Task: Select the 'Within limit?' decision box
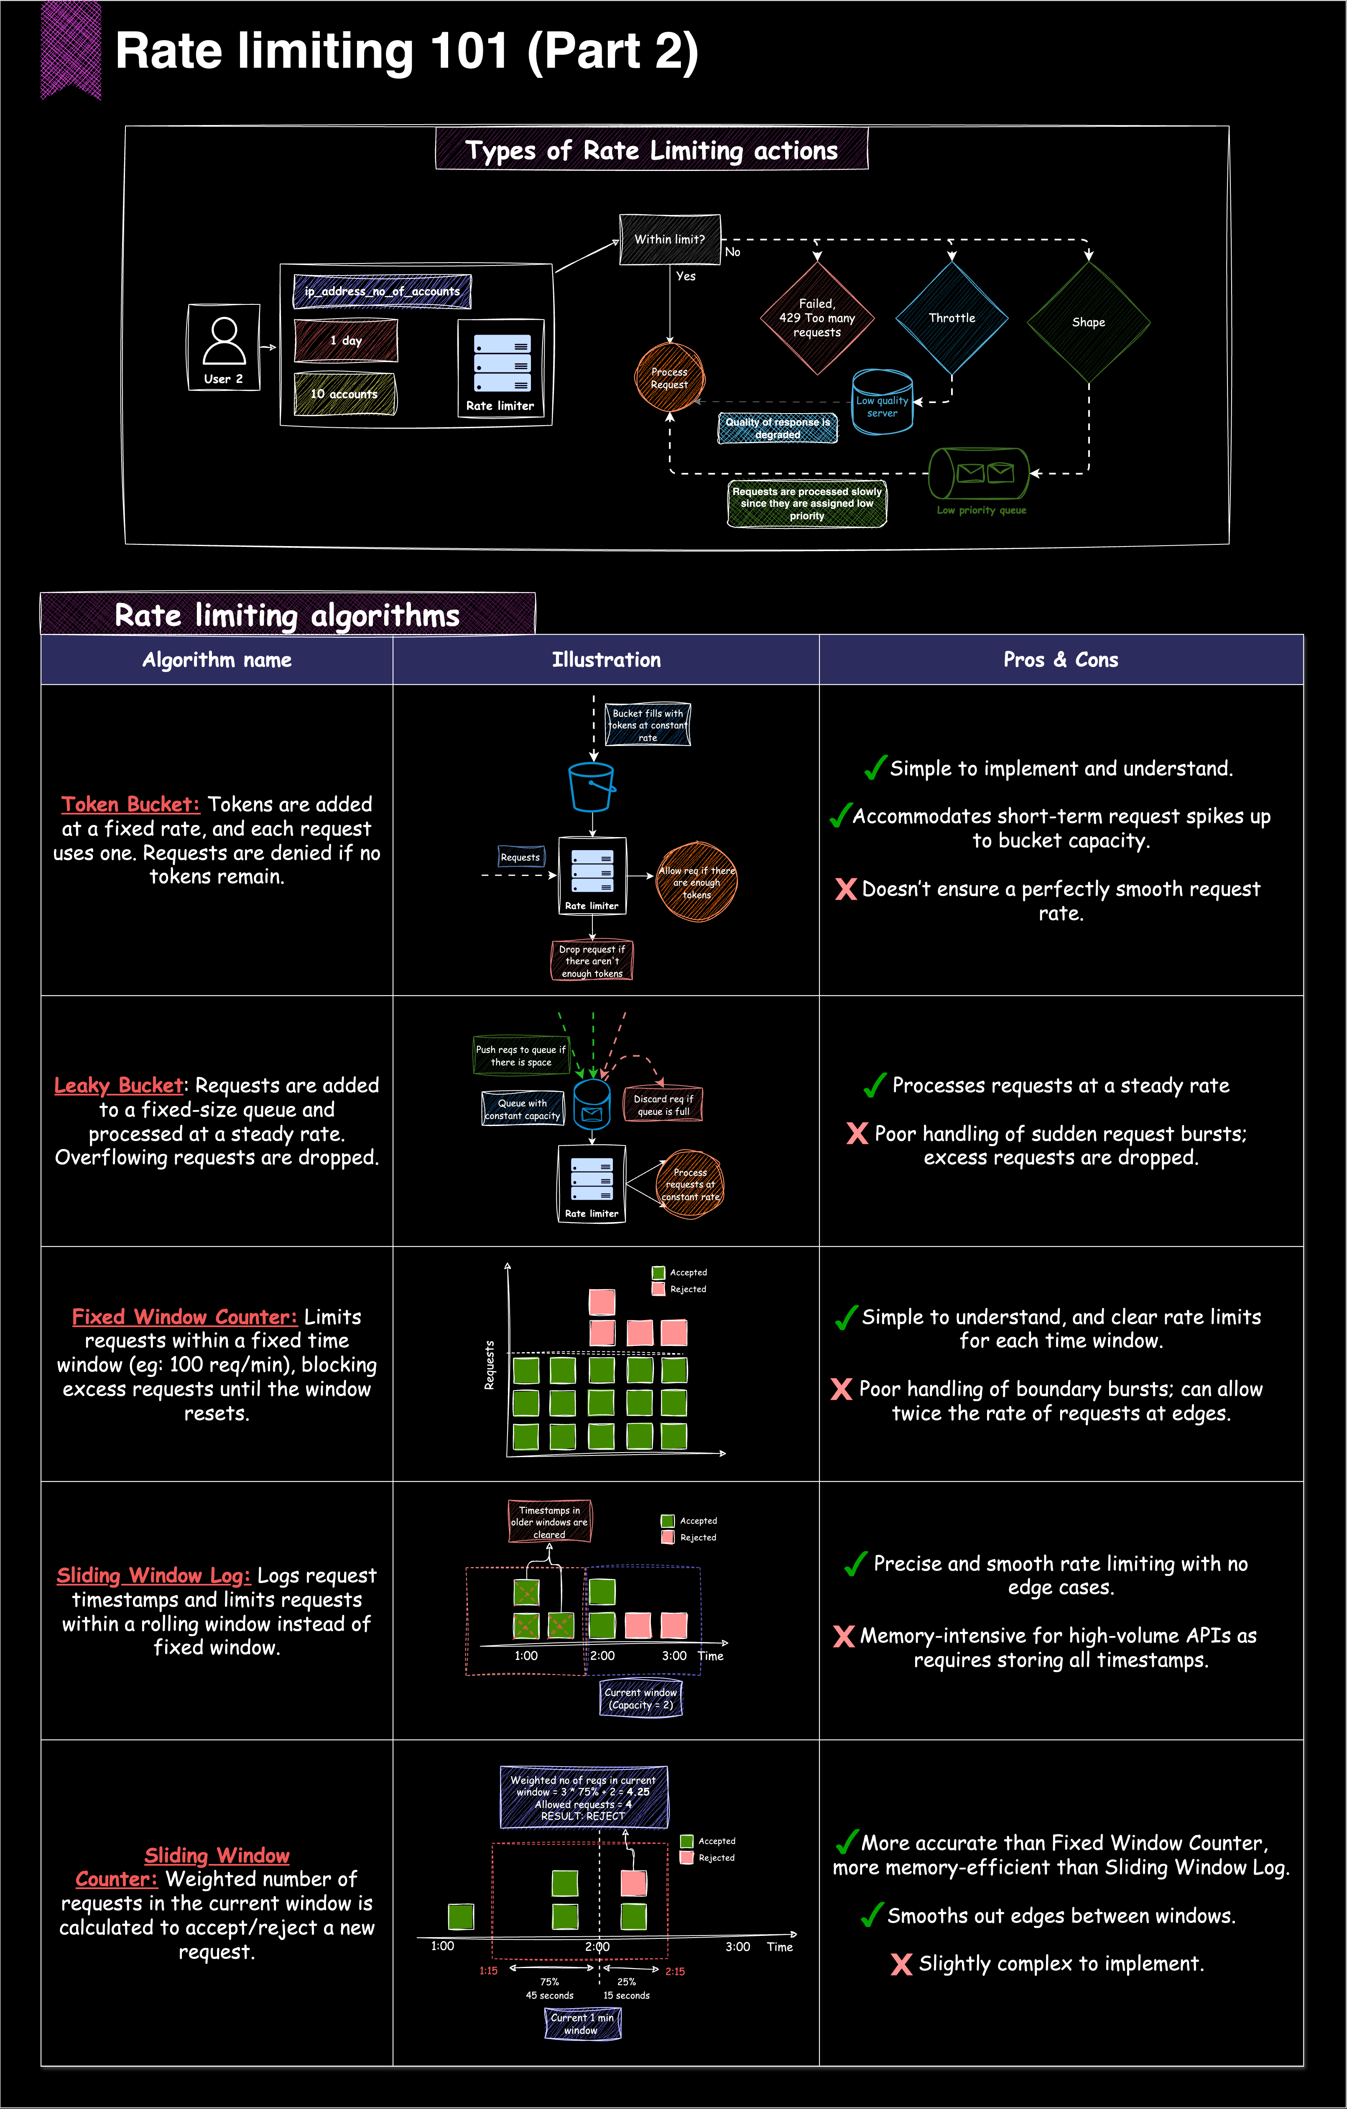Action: coord(670,239)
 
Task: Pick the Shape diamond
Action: coord(1089,322)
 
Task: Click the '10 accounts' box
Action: coord(344,394)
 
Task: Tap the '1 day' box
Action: coord(346,341)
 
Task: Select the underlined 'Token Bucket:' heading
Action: coord(130,804)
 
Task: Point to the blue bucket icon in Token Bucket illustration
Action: coord(592,786)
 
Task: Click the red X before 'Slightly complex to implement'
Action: coord(901,1964)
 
